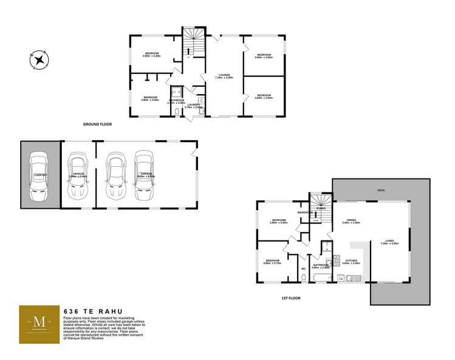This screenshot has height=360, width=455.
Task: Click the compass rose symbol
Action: click(39, 59)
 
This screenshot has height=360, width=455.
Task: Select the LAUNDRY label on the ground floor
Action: click(194, 105)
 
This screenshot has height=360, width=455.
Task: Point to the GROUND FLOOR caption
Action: click(97, 124)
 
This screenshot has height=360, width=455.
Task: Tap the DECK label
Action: click(381, 190)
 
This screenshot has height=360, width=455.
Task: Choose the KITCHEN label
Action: click(351, 260)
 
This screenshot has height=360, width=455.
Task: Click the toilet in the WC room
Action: click(303, 277)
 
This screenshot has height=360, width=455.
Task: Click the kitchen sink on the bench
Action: click(341, 279)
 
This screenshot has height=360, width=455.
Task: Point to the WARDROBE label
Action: click(305, 212)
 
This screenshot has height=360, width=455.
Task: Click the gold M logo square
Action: click(39, 325)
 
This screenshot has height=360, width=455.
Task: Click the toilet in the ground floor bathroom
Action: click(176, 112)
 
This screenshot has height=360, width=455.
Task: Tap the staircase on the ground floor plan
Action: click(194, 43)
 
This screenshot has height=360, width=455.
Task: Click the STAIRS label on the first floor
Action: click(321, 208)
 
